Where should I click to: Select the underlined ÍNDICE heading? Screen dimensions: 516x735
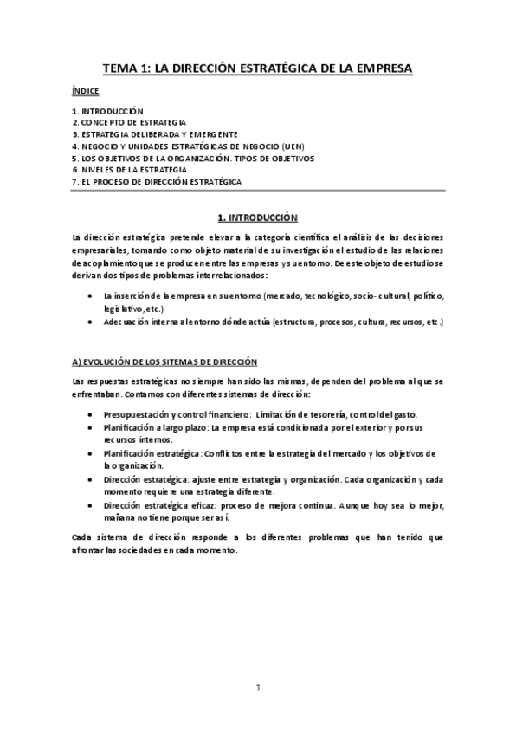click(x=86, y=91)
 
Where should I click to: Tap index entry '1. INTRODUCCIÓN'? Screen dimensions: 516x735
click(x=106, y=112)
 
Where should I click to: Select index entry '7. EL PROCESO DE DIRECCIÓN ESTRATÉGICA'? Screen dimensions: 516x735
click(x=157, y=182)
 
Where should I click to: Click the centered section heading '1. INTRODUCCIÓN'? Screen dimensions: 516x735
click(x=257, y=219)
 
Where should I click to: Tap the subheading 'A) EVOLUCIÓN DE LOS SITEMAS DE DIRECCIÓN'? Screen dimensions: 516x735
click(x=164, y=360)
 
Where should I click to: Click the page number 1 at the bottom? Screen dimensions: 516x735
click(x=258, y=687)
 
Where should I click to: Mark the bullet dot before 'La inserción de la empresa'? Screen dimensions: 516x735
click(x=92, y=296)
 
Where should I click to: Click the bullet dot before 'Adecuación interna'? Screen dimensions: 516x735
click(x=92, y=322)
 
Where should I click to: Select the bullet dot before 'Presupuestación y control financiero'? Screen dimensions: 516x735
click(x=92, y=415)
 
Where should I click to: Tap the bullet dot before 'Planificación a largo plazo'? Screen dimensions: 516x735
click(x=92, y=427)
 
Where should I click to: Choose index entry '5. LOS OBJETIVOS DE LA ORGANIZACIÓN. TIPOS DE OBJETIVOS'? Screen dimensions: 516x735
click(x=193, y=159)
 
